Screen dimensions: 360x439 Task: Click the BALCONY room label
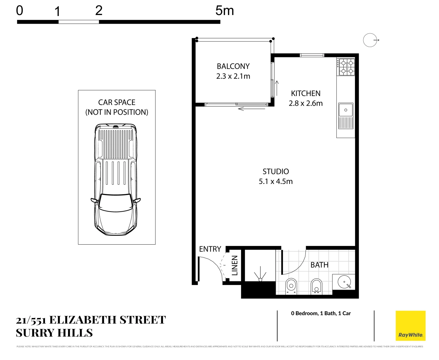click(x=233, y=66)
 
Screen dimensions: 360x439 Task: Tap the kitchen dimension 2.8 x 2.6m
click(x=306, y=103)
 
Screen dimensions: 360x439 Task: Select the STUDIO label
click(x=276, y=172)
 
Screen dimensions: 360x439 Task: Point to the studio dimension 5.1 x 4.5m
click(x=276, y=182)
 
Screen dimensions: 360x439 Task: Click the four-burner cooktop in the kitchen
click(x=347, y=67)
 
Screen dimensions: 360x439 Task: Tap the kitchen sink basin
click(x=346, y=110)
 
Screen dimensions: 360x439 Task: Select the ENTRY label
click(x=210, y=249)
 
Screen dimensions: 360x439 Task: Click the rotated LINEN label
click(x=235, y=266)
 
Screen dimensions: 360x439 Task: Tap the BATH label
click(x=319, y=265)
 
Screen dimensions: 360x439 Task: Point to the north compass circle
click(x=370, y=40)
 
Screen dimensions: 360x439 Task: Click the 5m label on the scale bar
click(x=224, y=11)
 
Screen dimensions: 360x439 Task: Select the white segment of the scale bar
click(x=79, y=22)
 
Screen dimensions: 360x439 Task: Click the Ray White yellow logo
click(x=410, y=326)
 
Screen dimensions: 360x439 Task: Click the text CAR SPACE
click(x=117, y=102)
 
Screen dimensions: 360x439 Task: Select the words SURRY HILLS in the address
click(x=54, y=333)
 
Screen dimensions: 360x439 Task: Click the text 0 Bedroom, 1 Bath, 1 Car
click(x=321, y=313)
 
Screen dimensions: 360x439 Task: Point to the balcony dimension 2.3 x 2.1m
click(x=233, y=76)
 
